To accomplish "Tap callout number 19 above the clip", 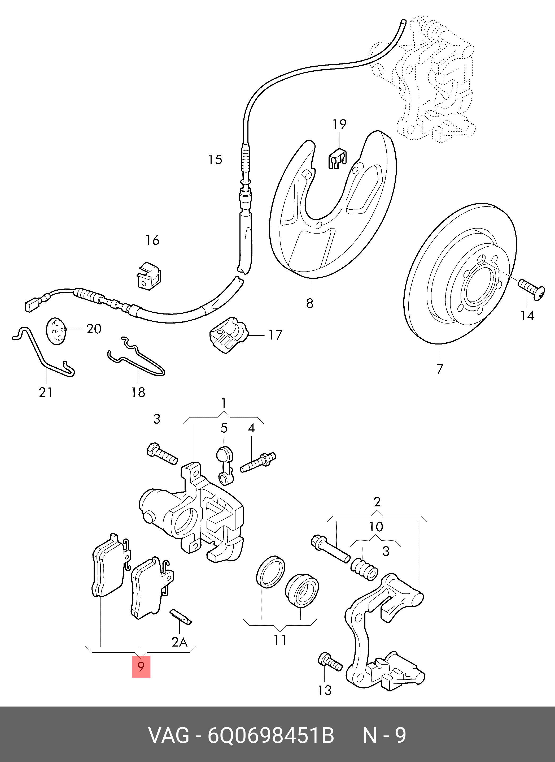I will (x=339, y=124).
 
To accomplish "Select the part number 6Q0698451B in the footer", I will (x=270, y=735).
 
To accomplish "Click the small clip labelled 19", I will (x=337, y=159).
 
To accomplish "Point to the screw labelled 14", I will (x=531, y=289).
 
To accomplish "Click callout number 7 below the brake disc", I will (x=440, y=369).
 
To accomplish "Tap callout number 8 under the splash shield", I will (x=310, y=303).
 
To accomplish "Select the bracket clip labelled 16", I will (x=149, y=275).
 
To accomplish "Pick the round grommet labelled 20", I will (x=56, y=331).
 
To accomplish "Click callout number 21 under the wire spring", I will (x=46, y=392).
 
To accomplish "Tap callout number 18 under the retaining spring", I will (x=138, y=392).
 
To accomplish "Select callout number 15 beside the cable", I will (x=215, y=160).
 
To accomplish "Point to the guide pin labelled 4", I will (x=258, y=462).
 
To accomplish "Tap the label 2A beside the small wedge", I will (x=180, y=642).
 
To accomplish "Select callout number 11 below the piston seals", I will (x=280, y=640).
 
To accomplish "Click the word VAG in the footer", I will (x=169, y=735).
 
